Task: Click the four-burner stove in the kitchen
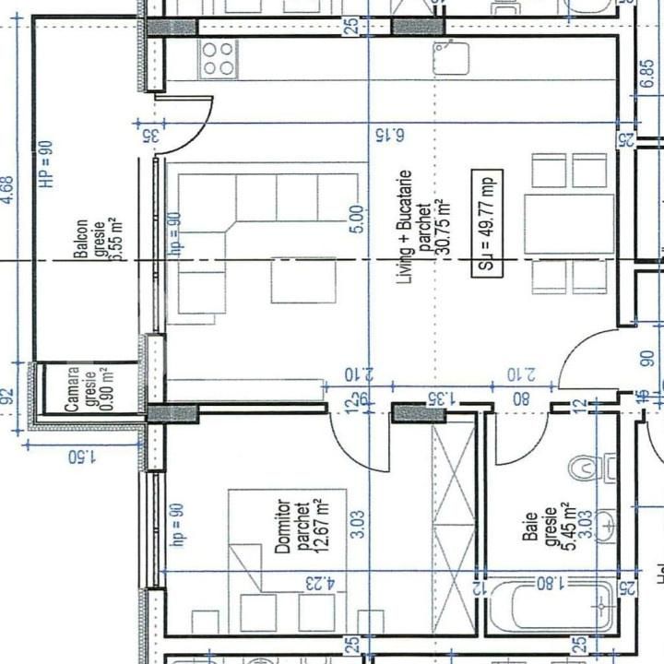click(x=219, y=58)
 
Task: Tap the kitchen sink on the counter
click(x=451, y=59)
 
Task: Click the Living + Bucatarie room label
click(x=404, y=226)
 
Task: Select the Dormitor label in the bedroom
click(x=284, y=527)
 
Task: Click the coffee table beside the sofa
click(x=303, y=280)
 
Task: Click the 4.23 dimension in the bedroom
click(x=317, y=583)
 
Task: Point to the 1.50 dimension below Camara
click(x=83, y=456)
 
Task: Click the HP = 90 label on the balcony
click(x=47, y=164)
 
